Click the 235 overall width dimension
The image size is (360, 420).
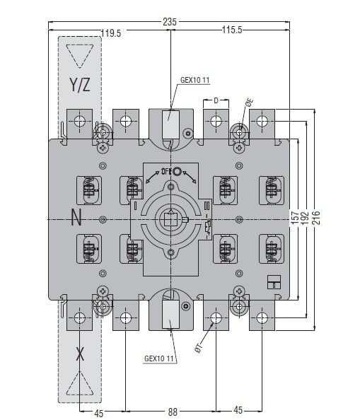(x=170, y=22)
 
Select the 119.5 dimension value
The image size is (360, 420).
(x=111, y=33)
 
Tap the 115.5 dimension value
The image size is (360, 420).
(x=232, y=30)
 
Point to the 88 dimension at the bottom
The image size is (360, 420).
(x=173, y=412)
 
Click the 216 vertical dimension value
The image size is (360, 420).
(x=316, y=218)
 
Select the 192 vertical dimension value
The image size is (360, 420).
(x=305, y=218)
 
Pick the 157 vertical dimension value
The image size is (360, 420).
(x=294, y=218)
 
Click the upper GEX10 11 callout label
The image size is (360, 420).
(x=194, y=80)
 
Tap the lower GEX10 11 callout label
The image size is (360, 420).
(x=159, y=358)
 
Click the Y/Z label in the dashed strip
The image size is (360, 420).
(x=80, y=85)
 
